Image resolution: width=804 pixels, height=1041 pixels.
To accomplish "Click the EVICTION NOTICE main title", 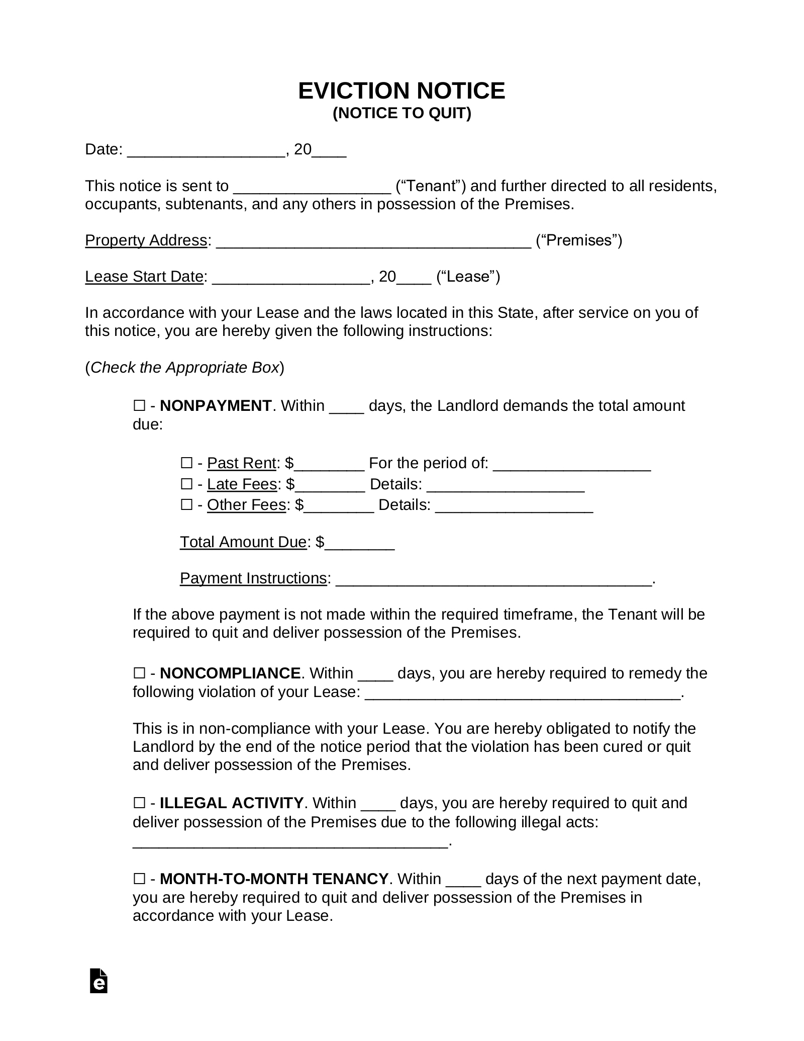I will pos(401,91).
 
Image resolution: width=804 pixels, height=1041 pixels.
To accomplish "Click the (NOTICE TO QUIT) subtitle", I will pos(401,114).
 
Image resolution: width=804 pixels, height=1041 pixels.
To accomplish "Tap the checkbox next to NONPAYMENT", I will pos(139,405).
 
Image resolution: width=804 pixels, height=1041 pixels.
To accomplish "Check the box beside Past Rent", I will pos(186,463).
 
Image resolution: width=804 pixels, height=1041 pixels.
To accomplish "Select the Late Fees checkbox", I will pos(186,484).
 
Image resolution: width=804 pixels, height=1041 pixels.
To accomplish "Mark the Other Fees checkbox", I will pos(186,504).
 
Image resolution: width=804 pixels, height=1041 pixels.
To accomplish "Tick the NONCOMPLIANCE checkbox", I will pos(139,673).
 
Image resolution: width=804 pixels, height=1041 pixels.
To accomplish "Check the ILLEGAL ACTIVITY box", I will pos(139,803).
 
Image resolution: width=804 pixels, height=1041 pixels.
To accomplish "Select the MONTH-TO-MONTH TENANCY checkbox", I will pos(139,879).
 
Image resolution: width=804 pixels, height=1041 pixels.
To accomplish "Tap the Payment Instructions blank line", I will pos(493,580).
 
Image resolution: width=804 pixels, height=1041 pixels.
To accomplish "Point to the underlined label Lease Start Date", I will pos(144,277).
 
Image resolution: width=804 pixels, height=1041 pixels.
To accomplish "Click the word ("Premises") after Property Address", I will pos(579,240).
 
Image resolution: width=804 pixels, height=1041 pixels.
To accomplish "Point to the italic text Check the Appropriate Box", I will pos(184,368).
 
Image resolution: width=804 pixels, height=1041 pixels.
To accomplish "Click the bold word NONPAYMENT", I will pos(216,405).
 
